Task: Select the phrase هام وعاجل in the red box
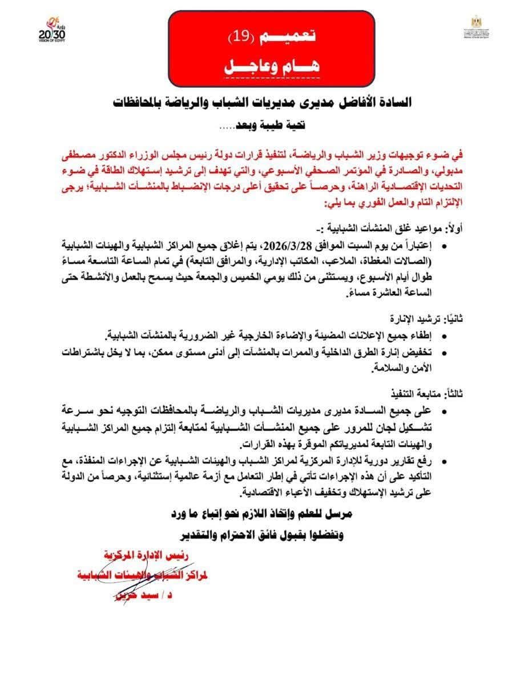tap(270, 67)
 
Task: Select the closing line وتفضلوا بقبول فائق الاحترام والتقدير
tap(262, 536)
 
